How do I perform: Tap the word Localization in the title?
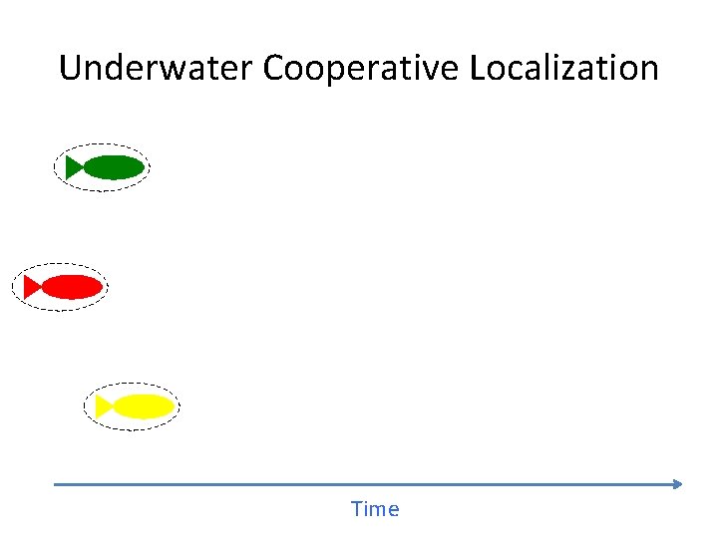[563, 68]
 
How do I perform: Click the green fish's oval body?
[114, 167]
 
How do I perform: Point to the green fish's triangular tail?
[73, 167]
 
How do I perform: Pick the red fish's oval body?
[72, 287]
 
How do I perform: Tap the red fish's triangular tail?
[31, 287]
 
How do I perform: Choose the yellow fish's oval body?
[144, 406]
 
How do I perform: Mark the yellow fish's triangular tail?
[103, 406]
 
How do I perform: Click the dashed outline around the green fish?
[102, 143]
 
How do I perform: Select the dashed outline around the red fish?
[60, 264]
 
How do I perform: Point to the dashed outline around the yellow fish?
[132, 384]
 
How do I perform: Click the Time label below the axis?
[375, 509]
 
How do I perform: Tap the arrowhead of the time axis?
[678, 484]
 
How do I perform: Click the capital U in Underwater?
[70, 68]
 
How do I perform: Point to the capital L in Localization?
[476, 68]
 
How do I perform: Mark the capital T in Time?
[357, 509]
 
